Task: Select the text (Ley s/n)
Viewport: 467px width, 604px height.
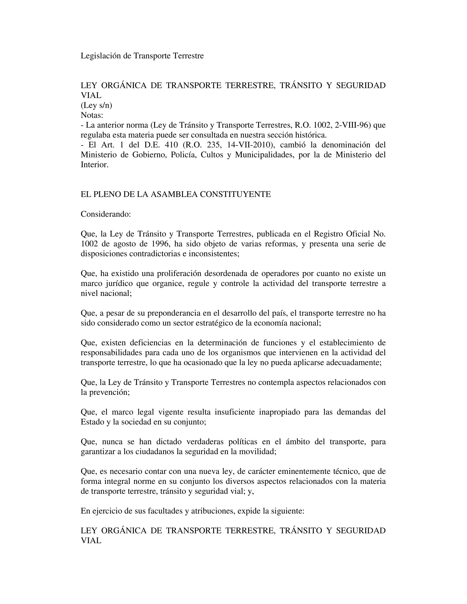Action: pyautogui.click(x=96, y=105)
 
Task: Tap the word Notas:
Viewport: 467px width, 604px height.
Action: pyautogui.click(x=92, y=115)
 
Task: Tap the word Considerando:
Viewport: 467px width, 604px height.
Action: pyautogui.click(x=105, y=214)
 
